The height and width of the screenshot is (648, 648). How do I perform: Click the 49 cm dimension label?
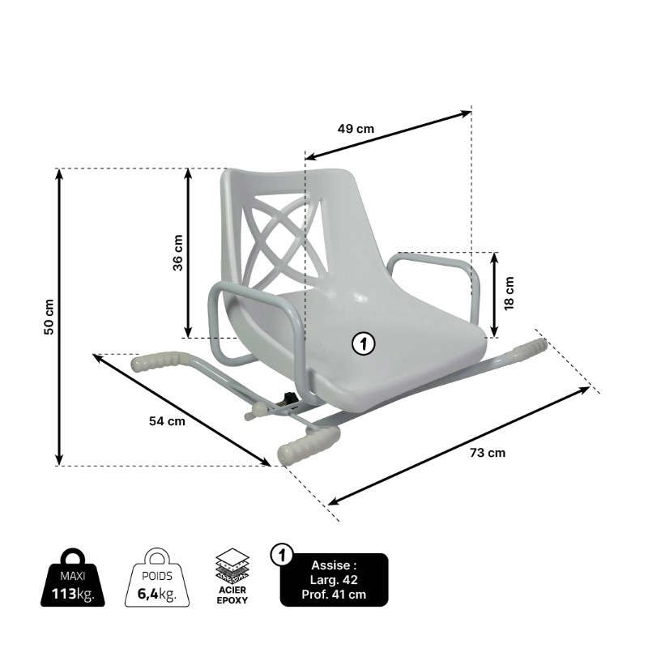356,128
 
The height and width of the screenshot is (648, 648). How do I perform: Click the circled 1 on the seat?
364,343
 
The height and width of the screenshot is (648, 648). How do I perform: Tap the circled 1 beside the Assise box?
281,556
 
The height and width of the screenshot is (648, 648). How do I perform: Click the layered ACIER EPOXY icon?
232,572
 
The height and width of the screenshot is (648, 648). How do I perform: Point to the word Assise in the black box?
334,565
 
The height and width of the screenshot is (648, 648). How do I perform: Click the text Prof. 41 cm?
334,594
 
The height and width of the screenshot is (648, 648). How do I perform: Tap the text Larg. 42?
334,580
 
